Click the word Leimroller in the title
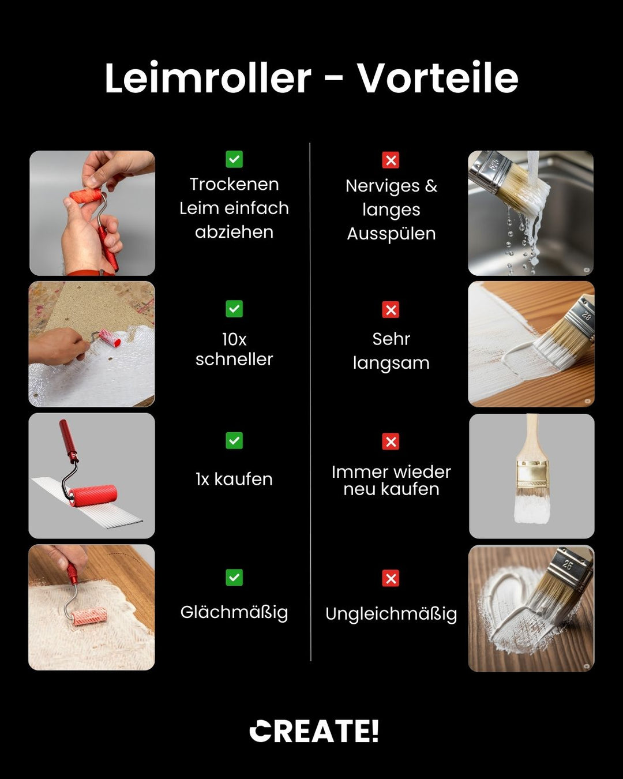click(x=208, y=78)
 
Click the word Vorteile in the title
click(x=437, y=78)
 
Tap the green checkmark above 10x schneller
click(x=234, y=309)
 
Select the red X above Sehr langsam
click(x=391, y=310)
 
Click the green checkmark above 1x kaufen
click(x=234, y=441)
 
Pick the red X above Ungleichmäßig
click(x=391, y=578)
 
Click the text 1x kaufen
click(x=234, y=479)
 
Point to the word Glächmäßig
click(x=234, y=612)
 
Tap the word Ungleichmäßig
click(x=391, y=614)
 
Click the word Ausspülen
click(x=391, y=234)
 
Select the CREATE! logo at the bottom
click(x=314, y=731)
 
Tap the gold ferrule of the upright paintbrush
click(x=531, y=474)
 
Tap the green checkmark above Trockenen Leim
click(x=234, y=159)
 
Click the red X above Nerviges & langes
click(x=391, y=160)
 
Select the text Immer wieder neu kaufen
click(x=391, y=480)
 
